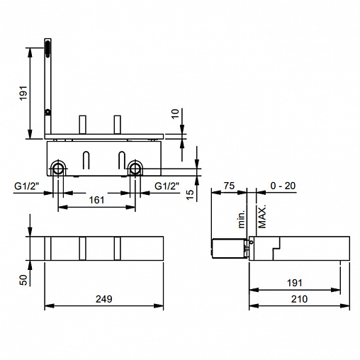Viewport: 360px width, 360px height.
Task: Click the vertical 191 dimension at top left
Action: (23, 94)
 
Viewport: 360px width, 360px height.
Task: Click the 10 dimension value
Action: (175, 113)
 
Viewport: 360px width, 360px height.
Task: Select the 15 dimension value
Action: (190, 195)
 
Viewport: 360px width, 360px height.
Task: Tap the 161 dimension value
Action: (96, 200)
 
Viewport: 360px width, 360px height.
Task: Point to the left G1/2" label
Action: (26, 186)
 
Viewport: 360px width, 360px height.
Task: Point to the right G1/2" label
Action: (167, 186)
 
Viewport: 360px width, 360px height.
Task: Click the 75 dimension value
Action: (229, 186)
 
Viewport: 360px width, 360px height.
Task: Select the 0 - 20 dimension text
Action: (283, 186)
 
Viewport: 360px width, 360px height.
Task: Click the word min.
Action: (242, 219)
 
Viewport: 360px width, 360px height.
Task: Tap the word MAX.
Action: (262, 217)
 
